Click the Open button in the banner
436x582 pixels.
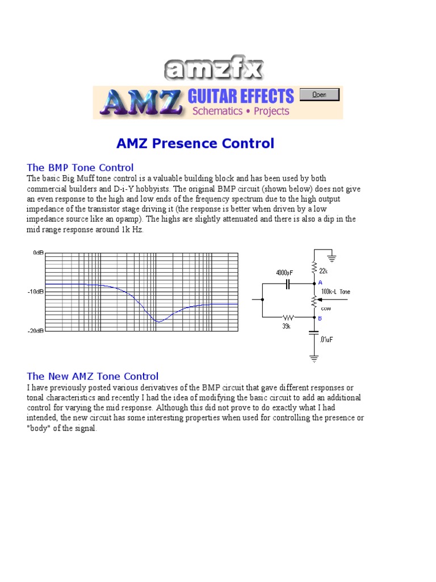point(319,95)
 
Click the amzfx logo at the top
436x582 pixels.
point(213,70)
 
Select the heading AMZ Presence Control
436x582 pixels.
point(195,144)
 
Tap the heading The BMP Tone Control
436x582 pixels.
point(81,168)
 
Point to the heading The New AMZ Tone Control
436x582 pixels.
point(93,376)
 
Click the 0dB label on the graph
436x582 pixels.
point(38,252)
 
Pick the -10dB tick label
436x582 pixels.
point(36,291)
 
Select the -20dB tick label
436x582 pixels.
point(36,331)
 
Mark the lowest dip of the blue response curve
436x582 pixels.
point(158,322)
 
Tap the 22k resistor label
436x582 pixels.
point(324,271)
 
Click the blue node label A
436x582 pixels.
point(320,282)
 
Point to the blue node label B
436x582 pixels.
point(320,318)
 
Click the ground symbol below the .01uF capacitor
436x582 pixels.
point(313,359)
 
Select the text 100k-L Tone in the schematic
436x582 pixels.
point(336,292)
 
